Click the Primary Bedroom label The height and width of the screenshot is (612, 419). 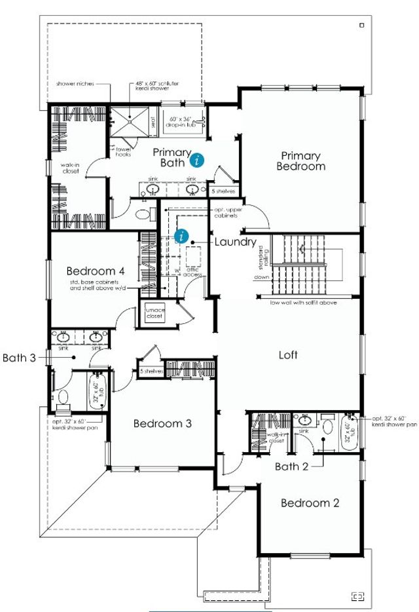[301, 161]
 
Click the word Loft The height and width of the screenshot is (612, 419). [288, 355]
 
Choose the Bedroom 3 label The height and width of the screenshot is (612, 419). [162, 424]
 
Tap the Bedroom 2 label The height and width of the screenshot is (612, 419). [310, 503]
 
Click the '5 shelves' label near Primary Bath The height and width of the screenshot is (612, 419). [223, 191]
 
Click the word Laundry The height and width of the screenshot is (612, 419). [235, 242]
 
